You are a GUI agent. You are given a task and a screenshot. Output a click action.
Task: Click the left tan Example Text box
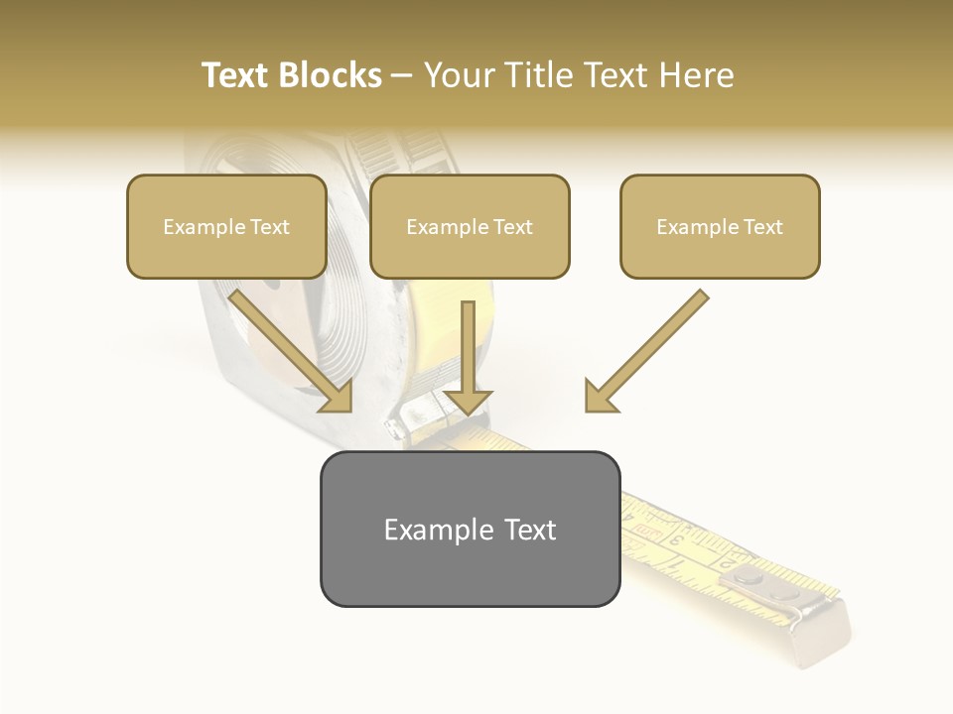coord(226,226)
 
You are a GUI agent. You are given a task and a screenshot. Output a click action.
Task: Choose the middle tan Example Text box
coord(470,226)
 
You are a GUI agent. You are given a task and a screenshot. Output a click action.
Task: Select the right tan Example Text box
coord(720,226)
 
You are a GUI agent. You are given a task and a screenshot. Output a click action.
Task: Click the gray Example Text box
coord(470,529)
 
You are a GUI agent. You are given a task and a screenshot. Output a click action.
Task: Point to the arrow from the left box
coord(288,347)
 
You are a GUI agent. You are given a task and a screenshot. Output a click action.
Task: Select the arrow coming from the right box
coord(650,347)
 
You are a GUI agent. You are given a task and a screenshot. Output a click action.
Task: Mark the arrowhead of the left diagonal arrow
coord(338,397)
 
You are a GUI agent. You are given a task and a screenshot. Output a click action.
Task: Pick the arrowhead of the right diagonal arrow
coord(600,397)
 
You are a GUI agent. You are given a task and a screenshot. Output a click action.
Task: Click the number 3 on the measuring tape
coord(675,539)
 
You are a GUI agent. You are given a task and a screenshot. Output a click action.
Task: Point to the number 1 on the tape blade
coord(678,563)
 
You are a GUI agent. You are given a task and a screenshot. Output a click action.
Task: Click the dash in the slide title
coord(402,75)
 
